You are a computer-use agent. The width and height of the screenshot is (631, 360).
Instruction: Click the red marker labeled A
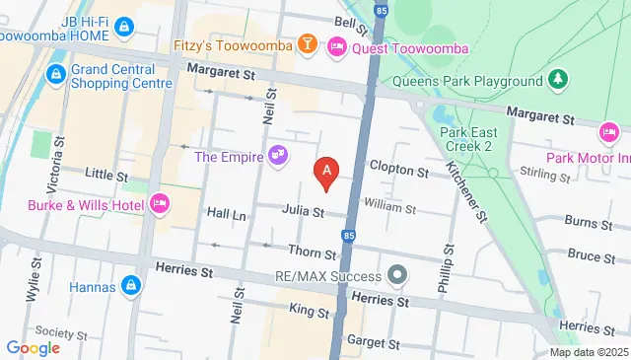(x=326, y=173)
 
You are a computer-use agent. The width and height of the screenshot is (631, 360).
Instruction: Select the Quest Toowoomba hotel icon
(x=336, y=45)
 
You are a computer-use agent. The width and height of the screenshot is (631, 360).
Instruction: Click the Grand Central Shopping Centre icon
(x=56, y=75)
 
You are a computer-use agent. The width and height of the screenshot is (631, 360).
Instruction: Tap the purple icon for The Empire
(x=278, y=155)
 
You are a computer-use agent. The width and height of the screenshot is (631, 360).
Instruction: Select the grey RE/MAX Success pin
(x=397, y=273)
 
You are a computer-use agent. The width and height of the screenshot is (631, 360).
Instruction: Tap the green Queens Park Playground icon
(x=559, y=80)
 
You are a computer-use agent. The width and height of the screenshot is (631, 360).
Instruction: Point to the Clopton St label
(x=398, y=171)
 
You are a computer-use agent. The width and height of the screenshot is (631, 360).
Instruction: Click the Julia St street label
(x=303, y=211)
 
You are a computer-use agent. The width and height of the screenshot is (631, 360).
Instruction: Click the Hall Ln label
(x=225, y=213)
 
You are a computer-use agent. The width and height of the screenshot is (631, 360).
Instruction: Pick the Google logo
(x=33, y=347)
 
